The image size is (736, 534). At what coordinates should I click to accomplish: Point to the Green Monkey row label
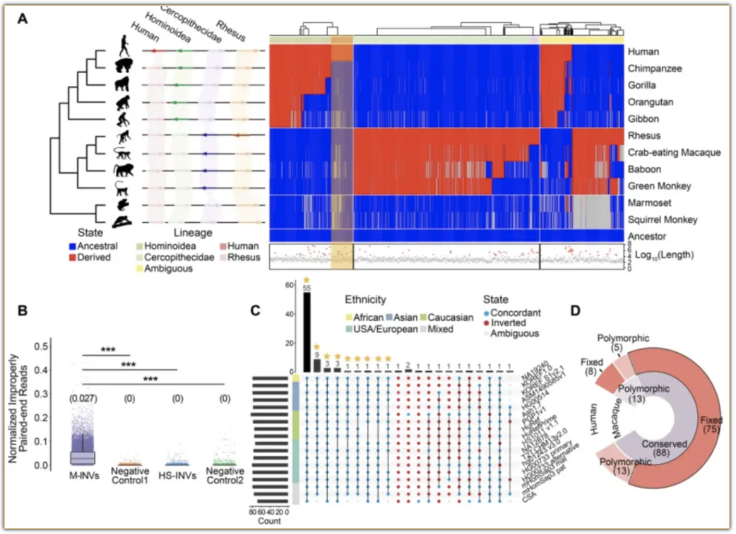point(658,186)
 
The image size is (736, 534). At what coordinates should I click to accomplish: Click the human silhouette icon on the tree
point(124,46)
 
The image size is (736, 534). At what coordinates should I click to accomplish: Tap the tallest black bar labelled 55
point(306,332)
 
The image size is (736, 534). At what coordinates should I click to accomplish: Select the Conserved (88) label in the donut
point(663,443)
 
